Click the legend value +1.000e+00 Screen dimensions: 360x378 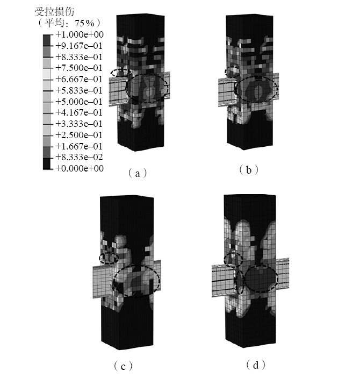(80, 35)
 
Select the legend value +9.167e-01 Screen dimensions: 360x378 (79, 46)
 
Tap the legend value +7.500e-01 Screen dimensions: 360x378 (79, 68)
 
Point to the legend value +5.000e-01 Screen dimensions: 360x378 (79, 102)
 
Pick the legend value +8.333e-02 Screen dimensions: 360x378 (79, 157)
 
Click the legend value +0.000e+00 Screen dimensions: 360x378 (80, 168)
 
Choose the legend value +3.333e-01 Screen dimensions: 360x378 (79, 124)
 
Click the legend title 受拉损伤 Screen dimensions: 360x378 (54, 12)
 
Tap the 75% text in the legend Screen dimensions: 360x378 (84, 23)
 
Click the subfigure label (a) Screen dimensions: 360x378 (138, 173)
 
